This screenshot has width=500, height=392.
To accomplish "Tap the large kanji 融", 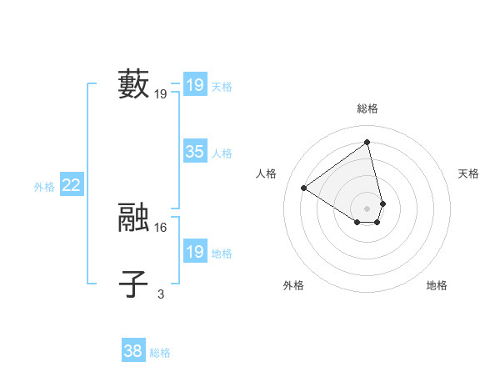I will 134,217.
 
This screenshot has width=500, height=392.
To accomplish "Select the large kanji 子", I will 134,284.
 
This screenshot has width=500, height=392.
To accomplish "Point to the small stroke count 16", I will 161,227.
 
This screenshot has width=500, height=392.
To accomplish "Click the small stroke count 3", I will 161,294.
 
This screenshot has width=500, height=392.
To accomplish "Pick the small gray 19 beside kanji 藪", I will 161,94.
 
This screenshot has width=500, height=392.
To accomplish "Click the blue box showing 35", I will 195,152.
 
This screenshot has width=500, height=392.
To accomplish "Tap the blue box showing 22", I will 71,186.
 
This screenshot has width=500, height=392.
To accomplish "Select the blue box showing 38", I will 133,351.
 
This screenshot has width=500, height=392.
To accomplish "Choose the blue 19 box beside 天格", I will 195,85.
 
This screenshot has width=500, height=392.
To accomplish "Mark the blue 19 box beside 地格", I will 195,252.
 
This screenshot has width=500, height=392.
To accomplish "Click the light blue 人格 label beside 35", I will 222,153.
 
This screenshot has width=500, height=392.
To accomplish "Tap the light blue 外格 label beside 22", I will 44,188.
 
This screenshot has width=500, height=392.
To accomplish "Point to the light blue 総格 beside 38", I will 160,353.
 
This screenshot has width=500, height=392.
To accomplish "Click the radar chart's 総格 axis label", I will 367,108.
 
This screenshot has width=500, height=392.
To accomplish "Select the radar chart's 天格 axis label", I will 469,173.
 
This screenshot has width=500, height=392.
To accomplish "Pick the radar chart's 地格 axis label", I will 437,285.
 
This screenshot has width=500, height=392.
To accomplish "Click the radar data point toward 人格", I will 304,188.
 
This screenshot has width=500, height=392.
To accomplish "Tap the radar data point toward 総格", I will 367,142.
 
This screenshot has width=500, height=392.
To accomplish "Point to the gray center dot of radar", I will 367,208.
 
